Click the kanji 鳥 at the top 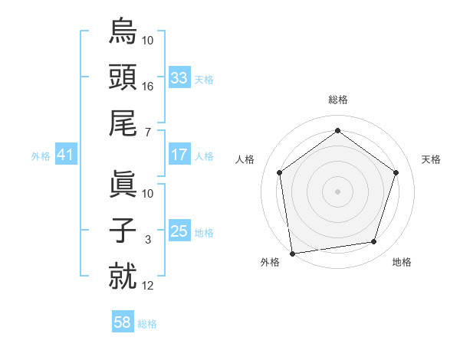tap(123, 33)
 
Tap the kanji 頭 tap(123, 79)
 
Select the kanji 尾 tap(123, 125)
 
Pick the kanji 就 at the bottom tap(123, 277)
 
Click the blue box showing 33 tap(179, 78)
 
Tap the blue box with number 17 tap(179, 155)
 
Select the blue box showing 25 tap(179, 231)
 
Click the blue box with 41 tap(65, 155)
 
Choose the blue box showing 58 tap(123, 322)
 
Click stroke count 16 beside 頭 tap(148, 87)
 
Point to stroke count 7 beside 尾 tap(148, 133)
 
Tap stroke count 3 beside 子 tap(148, 240)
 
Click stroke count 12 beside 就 tap(148, 286)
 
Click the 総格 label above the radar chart tap(337, 100)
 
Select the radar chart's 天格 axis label tap(432, 159)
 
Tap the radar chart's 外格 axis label tap(270, 263)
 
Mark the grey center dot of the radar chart tap(337, 191)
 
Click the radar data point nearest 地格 tap(374, 242)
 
